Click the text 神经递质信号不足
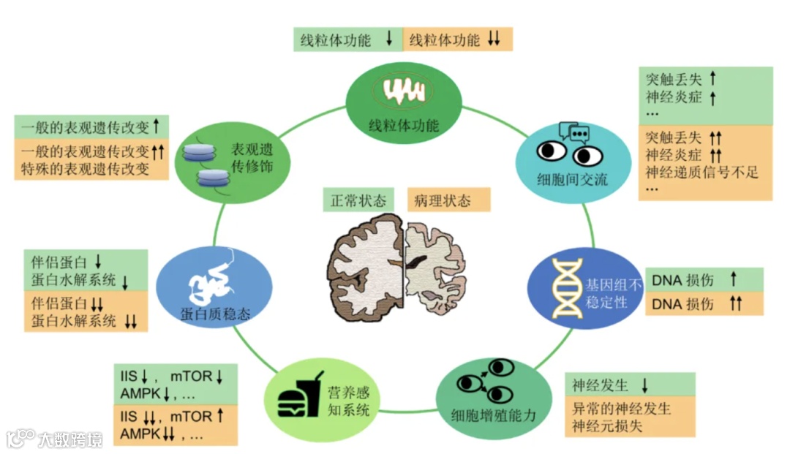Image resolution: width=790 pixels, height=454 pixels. pos(702,173)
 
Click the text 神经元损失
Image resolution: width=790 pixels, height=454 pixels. pos(608,425)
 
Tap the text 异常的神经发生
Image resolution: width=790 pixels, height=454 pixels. pos(622,407)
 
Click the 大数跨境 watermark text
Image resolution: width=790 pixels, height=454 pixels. pos(70,439)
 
